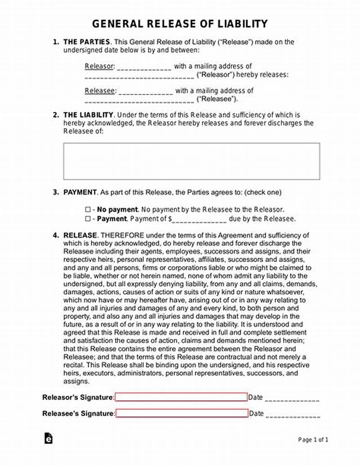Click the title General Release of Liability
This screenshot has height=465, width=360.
(x=180, y=23)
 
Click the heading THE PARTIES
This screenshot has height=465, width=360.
(x=86, y=42)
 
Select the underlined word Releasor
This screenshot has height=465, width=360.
(x=99, y=67)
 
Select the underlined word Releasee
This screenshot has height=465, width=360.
(x=100, y=90)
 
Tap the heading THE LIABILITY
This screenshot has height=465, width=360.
(x=88, y=115)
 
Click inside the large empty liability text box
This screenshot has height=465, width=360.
(x=191, y=161)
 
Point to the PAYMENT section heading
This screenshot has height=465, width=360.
(x=80, y=192)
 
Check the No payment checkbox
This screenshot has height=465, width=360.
(x=88, y=210)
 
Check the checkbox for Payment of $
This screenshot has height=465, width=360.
(x=88, y=219)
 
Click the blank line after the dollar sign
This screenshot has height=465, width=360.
(x=199, y=219)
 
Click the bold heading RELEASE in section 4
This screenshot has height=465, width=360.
(x=80, y=235)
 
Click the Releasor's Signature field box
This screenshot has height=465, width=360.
(x=181, y=397)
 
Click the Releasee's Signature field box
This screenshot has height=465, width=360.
(x=182, y=413)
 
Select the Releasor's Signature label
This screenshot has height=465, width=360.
(x=78, y=397)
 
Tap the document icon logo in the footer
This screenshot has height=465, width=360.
(x=48, y=438)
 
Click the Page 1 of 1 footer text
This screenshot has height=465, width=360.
(x=313, y=439)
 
